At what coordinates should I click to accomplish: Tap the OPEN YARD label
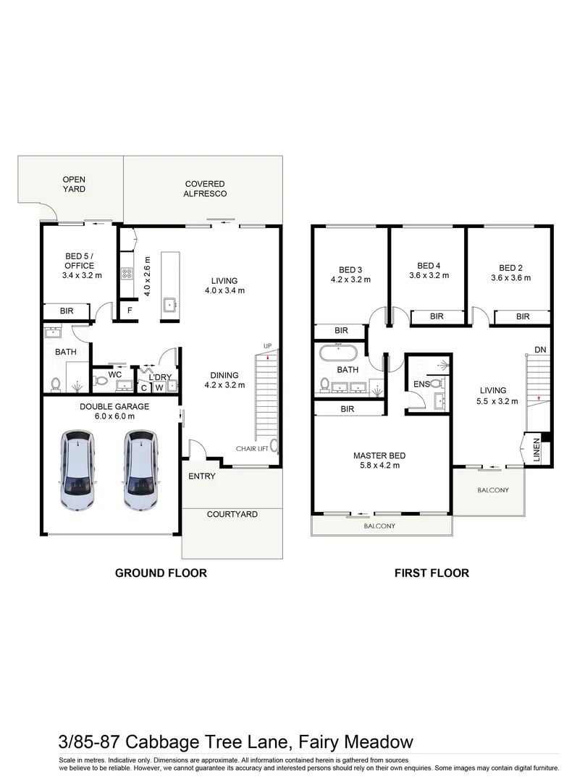73,184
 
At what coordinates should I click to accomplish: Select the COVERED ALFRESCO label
205,189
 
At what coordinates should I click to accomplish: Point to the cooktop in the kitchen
127,273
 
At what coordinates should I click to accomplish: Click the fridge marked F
130,311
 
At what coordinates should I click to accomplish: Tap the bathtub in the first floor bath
337,355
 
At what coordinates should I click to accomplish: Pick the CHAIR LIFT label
251,449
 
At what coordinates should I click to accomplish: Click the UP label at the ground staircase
267,346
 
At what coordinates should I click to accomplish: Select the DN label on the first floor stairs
539,350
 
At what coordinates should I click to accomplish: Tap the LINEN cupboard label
537,450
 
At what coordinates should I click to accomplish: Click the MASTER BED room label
379,455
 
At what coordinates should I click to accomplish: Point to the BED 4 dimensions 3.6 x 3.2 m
429,275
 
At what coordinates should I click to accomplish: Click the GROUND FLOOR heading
161,573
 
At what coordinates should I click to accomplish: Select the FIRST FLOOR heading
432,573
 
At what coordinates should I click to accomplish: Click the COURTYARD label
232,514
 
